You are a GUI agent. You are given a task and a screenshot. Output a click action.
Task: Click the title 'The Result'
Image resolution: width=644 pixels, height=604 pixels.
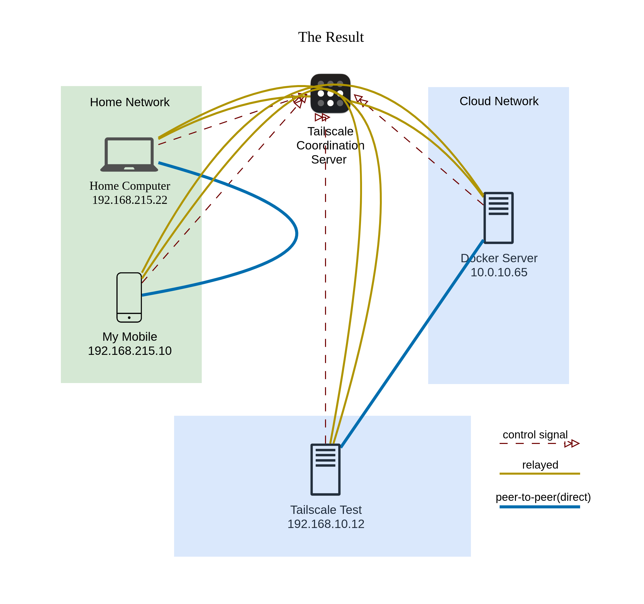click(x=331, y=37)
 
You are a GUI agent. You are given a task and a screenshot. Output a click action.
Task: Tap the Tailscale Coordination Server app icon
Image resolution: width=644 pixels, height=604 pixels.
click(x=330, y=94)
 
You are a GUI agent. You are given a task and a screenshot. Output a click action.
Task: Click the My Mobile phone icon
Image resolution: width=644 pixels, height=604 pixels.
click(x=129, y=297)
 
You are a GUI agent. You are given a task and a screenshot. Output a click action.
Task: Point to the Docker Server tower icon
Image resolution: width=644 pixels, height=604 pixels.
click(x=498, y=218)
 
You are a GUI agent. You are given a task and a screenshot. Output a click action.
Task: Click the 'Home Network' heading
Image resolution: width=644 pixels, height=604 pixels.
click(x=130, y=102)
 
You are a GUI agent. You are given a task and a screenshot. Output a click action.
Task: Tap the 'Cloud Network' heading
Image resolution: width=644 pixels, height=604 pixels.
click(x=499, y=101)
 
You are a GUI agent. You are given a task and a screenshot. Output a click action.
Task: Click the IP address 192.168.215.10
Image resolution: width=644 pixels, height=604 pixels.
click(x=130, y=351)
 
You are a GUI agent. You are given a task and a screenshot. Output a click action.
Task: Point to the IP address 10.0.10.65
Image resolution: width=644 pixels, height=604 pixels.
click(x=499, y=273)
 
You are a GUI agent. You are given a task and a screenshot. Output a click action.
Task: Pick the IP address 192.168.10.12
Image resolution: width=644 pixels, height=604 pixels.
click(x=326, y=524)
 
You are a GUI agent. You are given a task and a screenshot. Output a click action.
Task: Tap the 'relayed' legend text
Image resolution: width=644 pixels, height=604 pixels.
click(x=540, y=465)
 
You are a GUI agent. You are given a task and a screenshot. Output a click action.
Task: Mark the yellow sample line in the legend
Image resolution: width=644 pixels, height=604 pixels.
click(x=540, y=473)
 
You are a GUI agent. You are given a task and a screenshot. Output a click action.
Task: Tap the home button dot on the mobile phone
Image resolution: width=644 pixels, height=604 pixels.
click(x=129, y=318)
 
